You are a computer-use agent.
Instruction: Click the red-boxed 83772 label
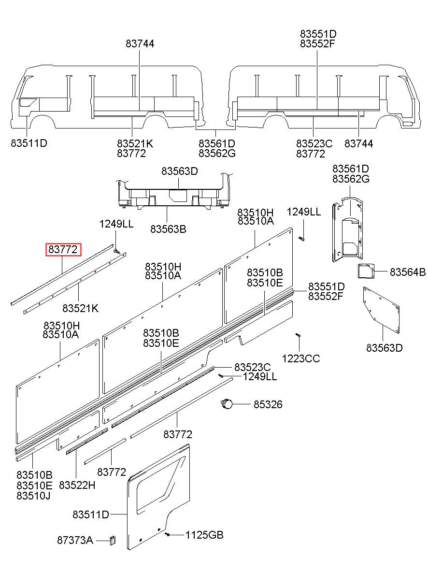tap(63, 249)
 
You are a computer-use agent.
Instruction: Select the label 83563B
tap(168, 229)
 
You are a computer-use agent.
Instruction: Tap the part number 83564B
tap(407, 272)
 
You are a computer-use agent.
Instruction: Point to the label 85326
tap(268, 404)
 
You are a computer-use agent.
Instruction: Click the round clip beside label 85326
tap(227, 404)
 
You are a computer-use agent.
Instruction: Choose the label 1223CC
tap(300, 358)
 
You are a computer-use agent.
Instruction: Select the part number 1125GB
tap(204, 535)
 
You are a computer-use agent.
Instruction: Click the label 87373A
tap(75, 540)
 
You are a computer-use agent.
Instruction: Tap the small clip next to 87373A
tap(113, 540)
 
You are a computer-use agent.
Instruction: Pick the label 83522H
tap(77, 485)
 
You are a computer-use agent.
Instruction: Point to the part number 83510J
tap(33, 496)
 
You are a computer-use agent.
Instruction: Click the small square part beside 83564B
tap(366, 271)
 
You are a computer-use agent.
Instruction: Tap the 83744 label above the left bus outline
tap(140, 43)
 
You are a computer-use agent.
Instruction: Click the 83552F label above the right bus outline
tap(317, 43)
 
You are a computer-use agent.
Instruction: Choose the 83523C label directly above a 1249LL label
tap(252, 367)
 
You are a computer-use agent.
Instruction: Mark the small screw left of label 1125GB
tap(168, 535)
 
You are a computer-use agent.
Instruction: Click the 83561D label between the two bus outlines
tap(216, 143)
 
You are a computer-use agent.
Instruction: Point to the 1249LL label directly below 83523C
tap(260, 377)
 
